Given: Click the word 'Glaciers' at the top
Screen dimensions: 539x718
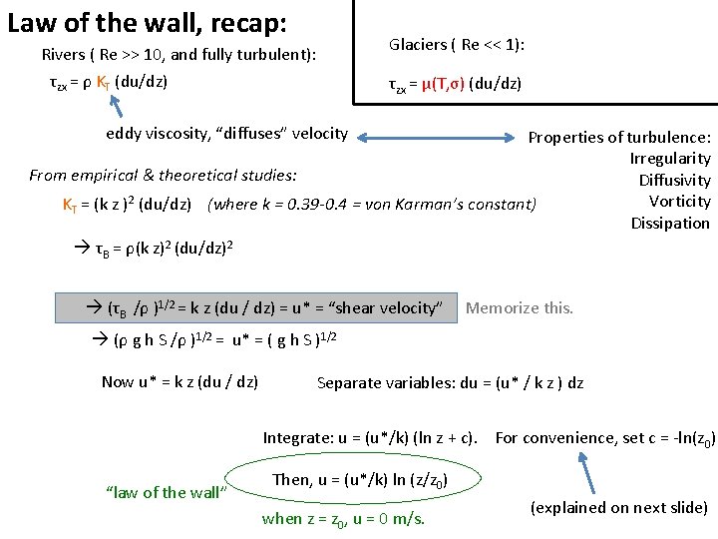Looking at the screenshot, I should pyautogui.click(x=418, y=45).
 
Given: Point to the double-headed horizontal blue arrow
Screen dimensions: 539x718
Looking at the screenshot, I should pyautogui.click(x=439, y=135).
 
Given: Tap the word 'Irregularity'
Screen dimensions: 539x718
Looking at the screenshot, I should pyautogui.click(x=670, y=159).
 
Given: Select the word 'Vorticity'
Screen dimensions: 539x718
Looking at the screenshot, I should pyautogui.click(x=678, y=202).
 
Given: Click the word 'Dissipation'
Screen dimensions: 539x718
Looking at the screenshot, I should pyautogui.click(x=670, y=224).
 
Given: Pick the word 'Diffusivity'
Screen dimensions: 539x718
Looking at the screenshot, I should pyautogui.click(x=675, y=181).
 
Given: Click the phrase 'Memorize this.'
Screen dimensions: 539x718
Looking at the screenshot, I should pyautogui.click(x=520, y=308).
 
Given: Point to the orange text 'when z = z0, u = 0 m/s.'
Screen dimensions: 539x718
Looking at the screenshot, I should pyautogui.click(x=343, y=518).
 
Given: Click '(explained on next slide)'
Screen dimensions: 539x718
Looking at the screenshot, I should pyautogui.click(x=619, y=508).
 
